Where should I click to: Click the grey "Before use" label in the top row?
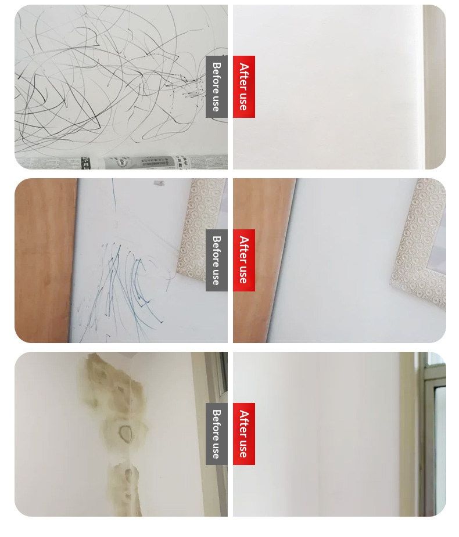tap(216, 87)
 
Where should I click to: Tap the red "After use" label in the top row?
tap(243, 87)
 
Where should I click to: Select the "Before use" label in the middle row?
tap(216, 260)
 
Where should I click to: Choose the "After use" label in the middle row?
tap(243, 260)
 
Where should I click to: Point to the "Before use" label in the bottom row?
tap(216, 434)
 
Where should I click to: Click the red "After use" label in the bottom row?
tap(243, 434)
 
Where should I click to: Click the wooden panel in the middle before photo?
tap(45, 260)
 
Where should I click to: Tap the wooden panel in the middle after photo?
tap(262, 260)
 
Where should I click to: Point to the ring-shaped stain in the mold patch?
tap(125, 433)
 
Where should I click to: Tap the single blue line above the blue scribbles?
tap(114, 194)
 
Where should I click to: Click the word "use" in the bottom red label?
tap(243, 448)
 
